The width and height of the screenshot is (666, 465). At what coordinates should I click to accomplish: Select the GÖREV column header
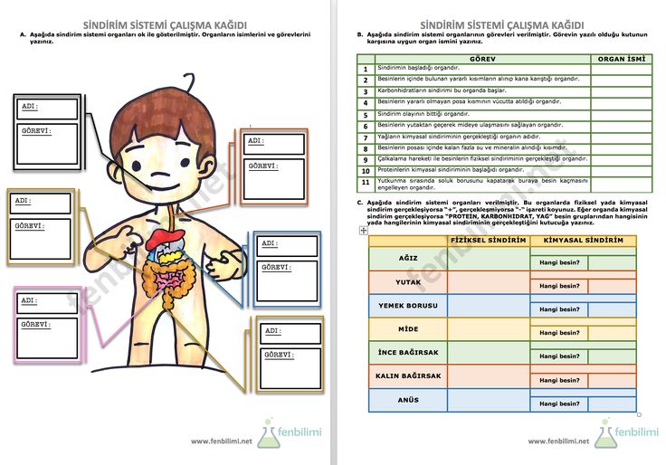coord(482,58)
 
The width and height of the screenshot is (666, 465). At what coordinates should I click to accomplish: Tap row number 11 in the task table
coord(366,182)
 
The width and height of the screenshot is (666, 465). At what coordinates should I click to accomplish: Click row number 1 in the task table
coord(366,69)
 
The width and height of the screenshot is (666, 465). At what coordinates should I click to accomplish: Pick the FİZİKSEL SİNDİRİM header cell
coord(489,241)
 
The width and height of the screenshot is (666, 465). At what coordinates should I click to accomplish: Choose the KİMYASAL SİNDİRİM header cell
coord(583,241)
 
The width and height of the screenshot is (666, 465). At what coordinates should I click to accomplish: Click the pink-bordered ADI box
coord(46,301)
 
